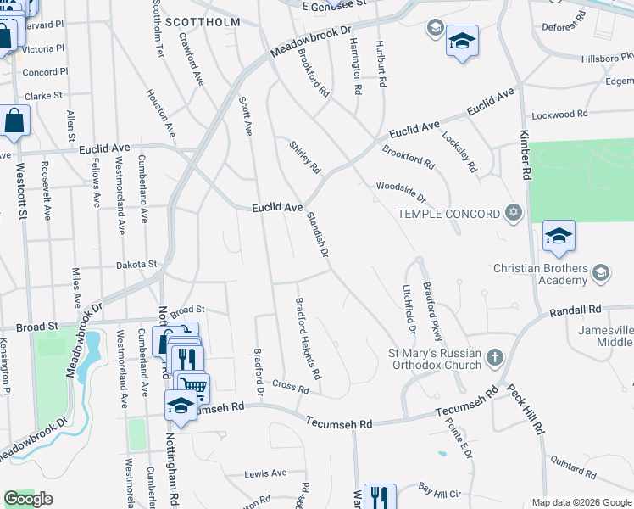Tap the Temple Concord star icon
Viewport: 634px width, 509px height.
(512, 212)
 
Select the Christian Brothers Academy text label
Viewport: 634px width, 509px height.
(541, 275)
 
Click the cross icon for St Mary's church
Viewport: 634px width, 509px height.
(494, 359)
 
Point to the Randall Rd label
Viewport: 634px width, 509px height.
(575, 310)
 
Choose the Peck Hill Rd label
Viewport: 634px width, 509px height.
(526, 410)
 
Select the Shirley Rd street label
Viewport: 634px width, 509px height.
(305, 157)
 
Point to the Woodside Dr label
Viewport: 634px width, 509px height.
(400, 191)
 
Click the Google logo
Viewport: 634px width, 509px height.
(29, 499)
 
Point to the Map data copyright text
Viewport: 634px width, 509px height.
(581, 502)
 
